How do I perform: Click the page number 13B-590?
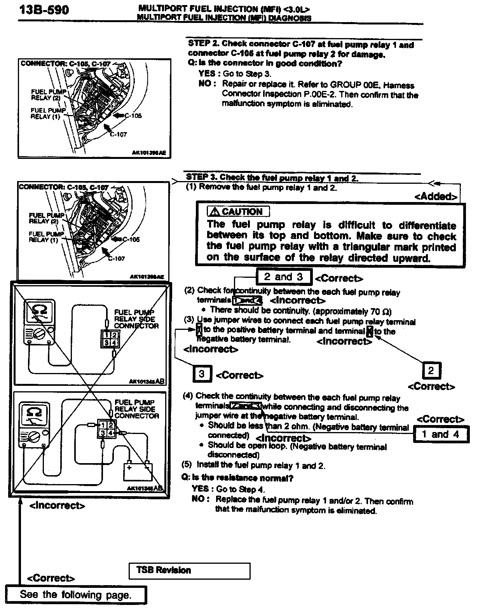(x=44, y=9)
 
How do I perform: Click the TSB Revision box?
(x=189, y=571)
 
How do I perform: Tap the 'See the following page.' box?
(x=76, y=595)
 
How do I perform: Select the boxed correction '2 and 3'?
(x=284, y=277)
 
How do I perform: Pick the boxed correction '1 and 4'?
(x=440, y=434)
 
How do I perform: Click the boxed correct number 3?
(x=202, y=374)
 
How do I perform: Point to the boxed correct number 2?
(x=431, y=371)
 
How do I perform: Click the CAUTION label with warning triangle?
(x=238, y=212)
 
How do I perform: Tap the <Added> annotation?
(x=435, y=197)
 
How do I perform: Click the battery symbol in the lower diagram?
(x=138, y=471)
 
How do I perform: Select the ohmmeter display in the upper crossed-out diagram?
(x=39, y=312)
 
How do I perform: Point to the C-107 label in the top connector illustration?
(x=118, y=134)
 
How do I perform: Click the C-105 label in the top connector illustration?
(x=133, y=116)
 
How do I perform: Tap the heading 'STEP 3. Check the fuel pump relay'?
(x=272, y=178)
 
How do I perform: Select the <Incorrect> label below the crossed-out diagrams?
(x=57, y=506)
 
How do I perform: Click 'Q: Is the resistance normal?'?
(x=237, y=478)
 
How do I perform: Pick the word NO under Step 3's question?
(x=200, y=499)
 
